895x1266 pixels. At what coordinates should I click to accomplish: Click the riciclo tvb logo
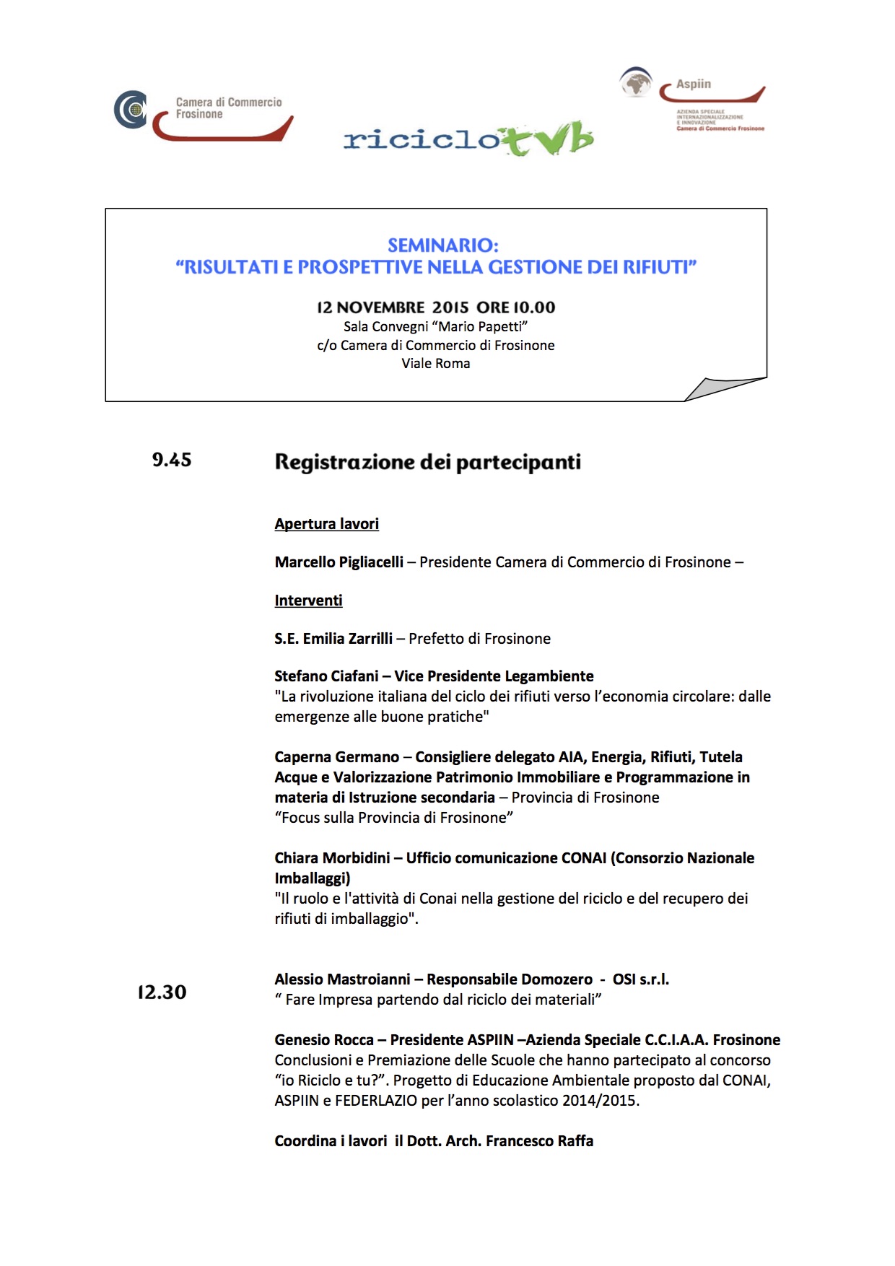tap(468, 138)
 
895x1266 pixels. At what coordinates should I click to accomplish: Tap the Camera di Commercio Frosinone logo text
tap(228, 108)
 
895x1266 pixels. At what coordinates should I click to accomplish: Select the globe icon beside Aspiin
tap(636, 82)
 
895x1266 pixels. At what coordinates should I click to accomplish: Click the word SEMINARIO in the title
tap(442, 245)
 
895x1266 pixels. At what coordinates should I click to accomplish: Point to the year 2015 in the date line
tap(450, 307)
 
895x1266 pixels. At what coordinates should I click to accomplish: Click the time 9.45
tap(172, 460)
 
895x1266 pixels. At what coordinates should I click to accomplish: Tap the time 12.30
tap(162, 992)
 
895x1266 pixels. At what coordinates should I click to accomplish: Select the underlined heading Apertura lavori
tap(326, 524)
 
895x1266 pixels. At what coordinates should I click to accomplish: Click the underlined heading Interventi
tap(308, 601)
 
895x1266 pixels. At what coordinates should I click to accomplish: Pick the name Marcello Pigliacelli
tap(339, 562)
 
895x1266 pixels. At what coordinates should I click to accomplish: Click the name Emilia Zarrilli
tap(347, 639)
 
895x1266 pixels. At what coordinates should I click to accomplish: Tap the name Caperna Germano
tap(336, 757)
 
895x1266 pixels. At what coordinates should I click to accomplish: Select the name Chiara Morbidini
tap(332, 858)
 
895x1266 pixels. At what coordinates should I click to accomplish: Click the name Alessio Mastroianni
tap(342, 979)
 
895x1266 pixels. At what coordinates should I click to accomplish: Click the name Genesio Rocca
tap(323, 1040)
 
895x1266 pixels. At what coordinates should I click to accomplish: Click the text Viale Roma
tap(435, 364)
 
